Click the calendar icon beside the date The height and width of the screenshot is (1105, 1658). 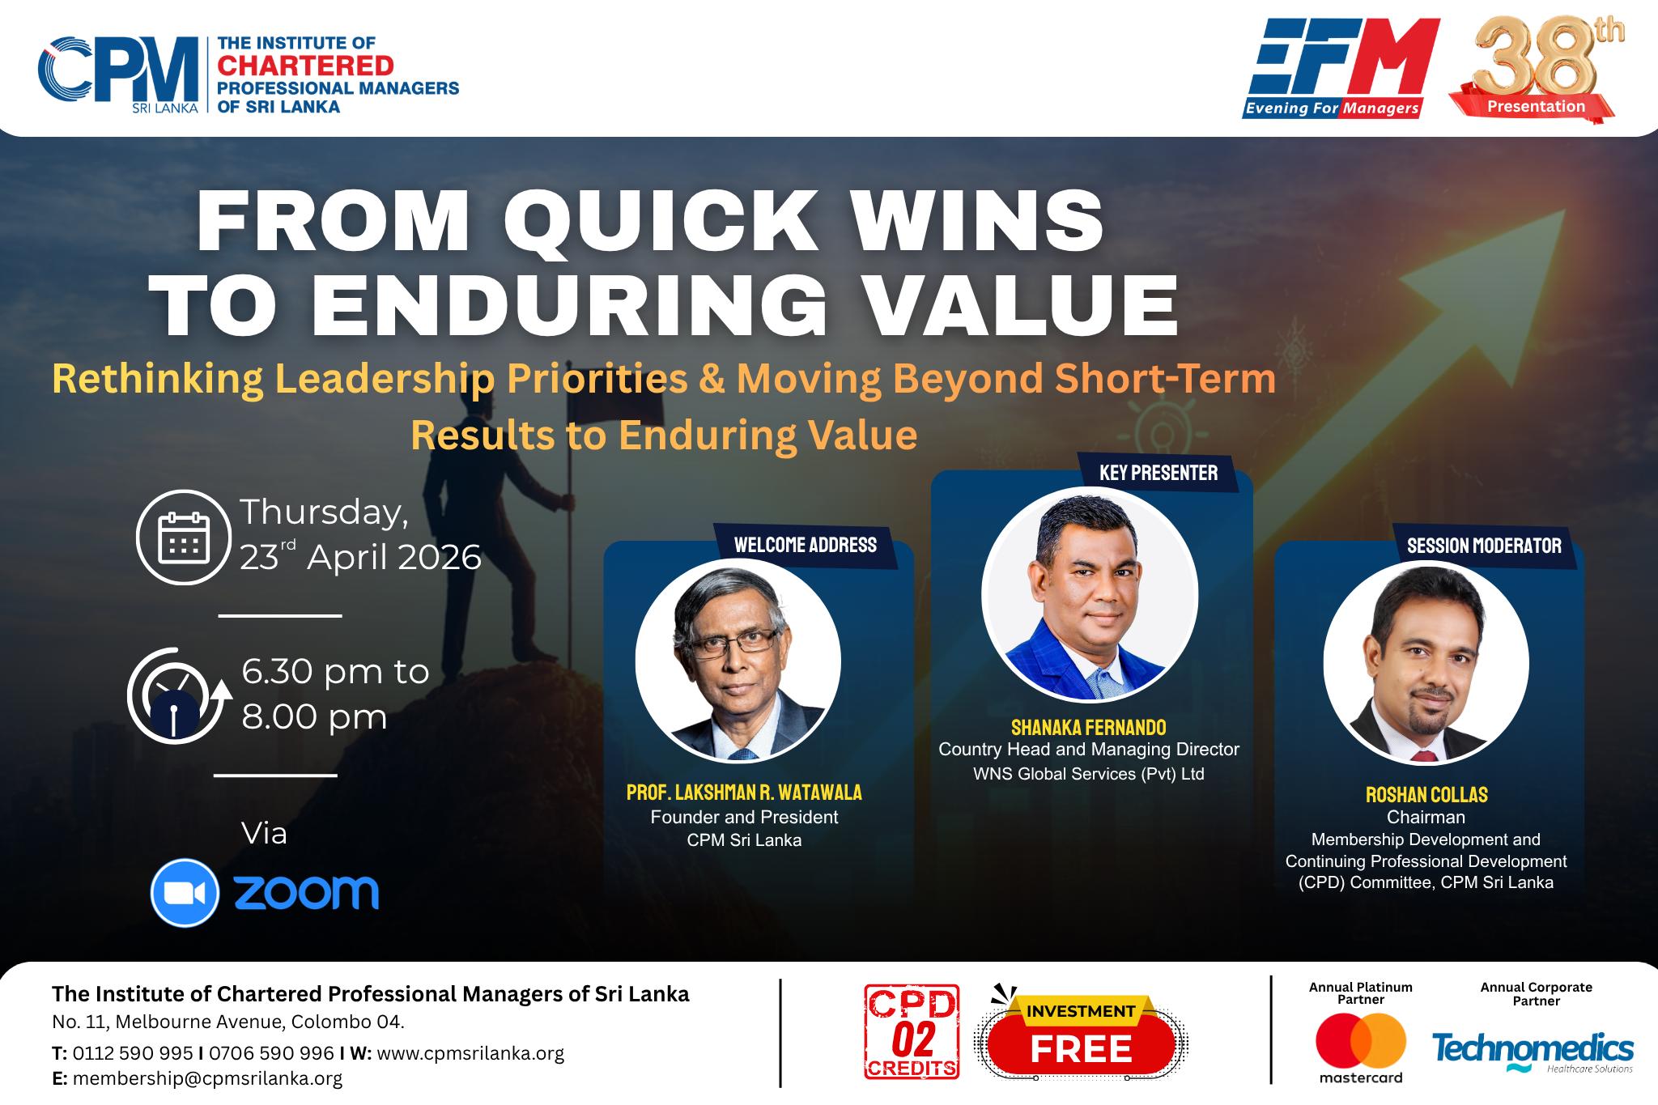coord(184,537)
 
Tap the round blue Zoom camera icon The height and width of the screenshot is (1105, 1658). coord(185,892)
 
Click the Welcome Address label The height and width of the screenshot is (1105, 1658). coord(806,545)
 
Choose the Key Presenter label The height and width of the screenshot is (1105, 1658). coord(1158,473)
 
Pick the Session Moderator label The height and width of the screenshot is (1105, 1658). coord(1484,546)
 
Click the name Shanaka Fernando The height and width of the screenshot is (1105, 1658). coord(1089,727)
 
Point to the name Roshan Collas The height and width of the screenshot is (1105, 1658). coord(1426,794)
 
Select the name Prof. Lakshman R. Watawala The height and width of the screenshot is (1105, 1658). coord(744,792)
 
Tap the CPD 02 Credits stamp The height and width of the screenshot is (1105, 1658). coord(912,1032)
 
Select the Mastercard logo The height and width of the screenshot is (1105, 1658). coord(1361,1048)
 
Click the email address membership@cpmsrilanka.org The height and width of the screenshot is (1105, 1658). coord(207,1078)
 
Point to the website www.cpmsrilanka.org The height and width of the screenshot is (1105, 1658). coord(470,1053)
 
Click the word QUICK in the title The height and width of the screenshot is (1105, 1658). coord(661,221)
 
